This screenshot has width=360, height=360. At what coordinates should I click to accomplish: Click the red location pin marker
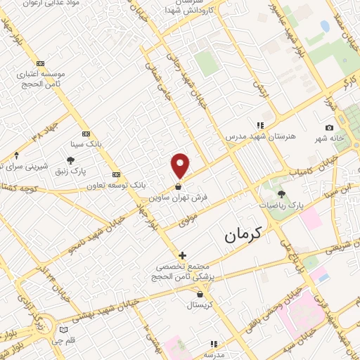(181, 166)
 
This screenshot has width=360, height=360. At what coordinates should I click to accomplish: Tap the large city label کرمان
(243, 236)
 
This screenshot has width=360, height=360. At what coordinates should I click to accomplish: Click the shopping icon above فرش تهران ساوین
(180, 187)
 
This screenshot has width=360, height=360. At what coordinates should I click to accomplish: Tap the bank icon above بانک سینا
(86, 133)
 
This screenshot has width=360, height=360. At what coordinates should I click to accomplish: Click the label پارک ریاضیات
(283, 205)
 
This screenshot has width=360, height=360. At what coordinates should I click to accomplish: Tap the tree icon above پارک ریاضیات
(282, 194)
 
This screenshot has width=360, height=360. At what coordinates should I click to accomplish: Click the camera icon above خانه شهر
(329, 127)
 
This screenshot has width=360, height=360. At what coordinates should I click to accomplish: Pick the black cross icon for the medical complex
(182, 255)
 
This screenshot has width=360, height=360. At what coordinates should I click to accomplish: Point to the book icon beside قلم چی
(65, 330)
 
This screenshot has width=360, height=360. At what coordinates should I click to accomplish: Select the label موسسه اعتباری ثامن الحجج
(41, 78)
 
